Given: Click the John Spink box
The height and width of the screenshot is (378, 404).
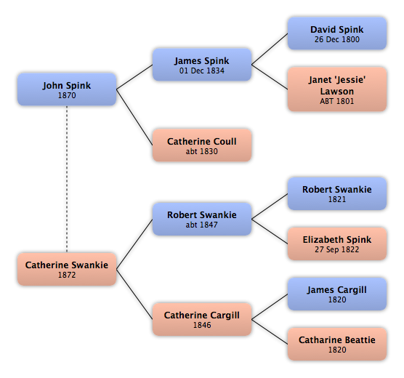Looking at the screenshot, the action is click(67, 89).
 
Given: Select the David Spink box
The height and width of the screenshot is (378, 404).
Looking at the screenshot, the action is click(337, 33).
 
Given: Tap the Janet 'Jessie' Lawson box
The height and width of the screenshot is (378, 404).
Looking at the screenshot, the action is click(337, 89).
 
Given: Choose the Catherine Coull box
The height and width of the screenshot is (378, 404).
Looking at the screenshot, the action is click(202, 145).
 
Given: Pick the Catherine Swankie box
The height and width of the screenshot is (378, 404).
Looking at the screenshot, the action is click(67, 269).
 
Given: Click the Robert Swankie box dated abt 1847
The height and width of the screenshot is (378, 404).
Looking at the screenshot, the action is click(202, 219).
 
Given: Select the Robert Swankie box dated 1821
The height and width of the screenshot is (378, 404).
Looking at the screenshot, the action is click(337, 193).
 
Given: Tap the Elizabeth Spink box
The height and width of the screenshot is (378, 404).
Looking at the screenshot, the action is click(337, 244).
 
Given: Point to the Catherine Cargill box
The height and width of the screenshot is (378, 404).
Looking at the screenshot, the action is click(202, 319).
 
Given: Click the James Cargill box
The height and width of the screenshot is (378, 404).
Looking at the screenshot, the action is click(337, 294).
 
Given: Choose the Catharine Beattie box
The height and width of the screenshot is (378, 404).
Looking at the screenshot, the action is click(337, 344).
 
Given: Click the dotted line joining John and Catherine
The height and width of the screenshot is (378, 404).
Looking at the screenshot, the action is click(67, 180).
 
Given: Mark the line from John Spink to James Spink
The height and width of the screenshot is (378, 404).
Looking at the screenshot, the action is click(134, 77).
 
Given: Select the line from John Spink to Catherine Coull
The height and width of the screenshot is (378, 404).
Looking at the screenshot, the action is click(134, 117).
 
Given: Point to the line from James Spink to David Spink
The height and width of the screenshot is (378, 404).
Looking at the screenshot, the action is click(270, 49).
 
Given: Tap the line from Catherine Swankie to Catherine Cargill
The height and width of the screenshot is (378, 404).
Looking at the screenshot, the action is click(134, 294).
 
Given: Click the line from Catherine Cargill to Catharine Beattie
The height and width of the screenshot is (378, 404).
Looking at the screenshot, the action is click(270, 331).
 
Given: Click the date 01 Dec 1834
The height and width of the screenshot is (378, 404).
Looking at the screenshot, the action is click(202, 71).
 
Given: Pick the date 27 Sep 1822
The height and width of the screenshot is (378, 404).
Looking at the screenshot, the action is click(336, 249).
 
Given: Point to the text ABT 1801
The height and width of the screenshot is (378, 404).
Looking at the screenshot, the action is click(337, 101).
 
